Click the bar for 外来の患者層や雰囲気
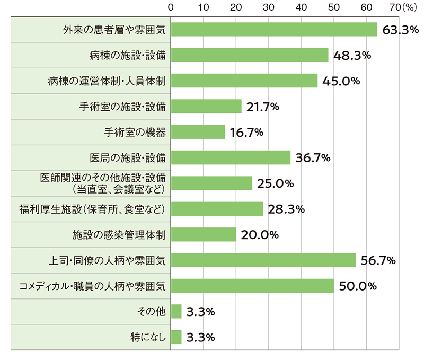point(274,30)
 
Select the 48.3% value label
point(352,55)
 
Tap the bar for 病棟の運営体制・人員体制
point(244,81)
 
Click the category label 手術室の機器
point(135,132)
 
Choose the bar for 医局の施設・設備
point(231,157)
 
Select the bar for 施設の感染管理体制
point(204,234)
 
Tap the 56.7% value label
point(379,260)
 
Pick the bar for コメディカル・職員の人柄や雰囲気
point(252,286)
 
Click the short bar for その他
point(176,311)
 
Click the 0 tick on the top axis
point(171,7)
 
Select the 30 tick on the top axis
point(269,7)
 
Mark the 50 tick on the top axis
point(334,7)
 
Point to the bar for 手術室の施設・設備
point(206,107)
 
